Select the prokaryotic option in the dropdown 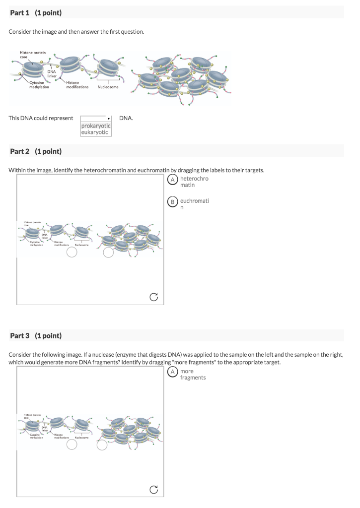pyautogui.click(x=96, y=126)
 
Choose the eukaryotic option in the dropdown pyautogui.click(x=95, y=132)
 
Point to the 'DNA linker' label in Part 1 pyautogui.click(x=52, y=73)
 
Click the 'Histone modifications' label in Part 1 pyautogui.click(x=77, y=85)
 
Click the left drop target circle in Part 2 pyautogui.click(x=72, y=253)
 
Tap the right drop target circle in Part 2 pyautogui.click(x=108, y=253)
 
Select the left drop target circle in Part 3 pyautogui.click(x=72, y=445)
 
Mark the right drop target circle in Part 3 pyautogui.click(x=102, y=445)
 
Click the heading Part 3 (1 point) pyautogui.click(x=36, y=336)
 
